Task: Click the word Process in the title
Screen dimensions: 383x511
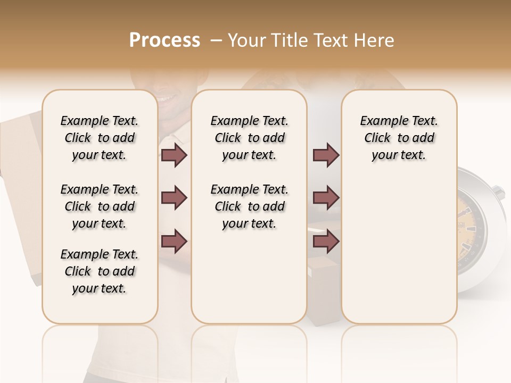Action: pyautogui.click(x=164, y=40)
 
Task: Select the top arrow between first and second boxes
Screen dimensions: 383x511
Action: pyautogui.click(x=174, y=155)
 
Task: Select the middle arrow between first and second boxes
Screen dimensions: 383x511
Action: pyautogui.click(x=174, y=198)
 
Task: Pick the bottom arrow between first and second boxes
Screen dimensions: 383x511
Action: pyautogui.click(x=174, y=241)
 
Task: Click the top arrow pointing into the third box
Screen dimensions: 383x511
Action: pyautogui.click(x=326, y=155)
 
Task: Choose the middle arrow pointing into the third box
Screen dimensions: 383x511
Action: pyautogui.click(x=326, y=198)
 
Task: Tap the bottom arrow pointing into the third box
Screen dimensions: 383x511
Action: pyautogui.click(x=326, y=241)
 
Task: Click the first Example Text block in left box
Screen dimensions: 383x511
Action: pyautogui.click(x=100, y=138)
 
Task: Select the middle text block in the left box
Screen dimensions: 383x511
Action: pyautogui.click(x=100, y=206)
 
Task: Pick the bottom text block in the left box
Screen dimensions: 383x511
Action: pyautogui.click(x=100, y=271)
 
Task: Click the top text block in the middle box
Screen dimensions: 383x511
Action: pyautogui.click(x=250, y=138)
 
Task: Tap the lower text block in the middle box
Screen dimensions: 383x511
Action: pyautogui.click(x=250, y=206)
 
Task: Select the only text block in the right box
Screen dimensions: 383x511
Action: pyautogui.click(x=399, y=138)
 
